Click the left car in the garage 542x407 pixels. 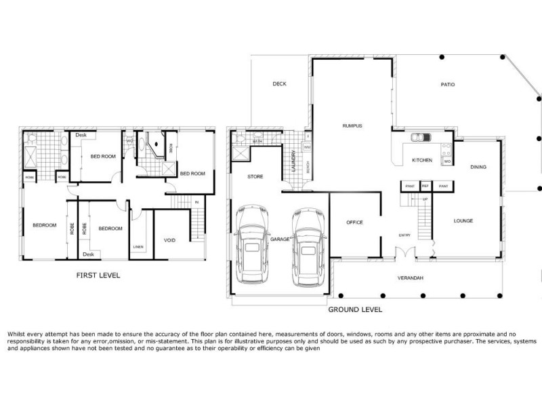252,247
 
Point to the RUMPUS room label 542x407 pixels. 352,126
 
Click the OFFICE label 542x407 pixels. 354,222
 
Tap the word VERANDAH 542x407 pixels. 410,279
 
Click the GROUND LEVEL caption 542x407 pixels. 355,309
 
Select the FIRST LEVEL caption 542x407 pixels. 98,275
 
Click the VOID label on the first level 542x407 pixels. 170,241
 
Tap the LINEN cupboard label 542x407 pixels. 138,247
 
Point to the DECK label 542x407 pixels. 280,84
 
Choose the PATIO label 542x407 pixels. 448,85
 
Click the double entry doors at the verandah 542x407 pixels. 405,254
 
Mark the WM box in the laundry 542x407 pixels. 307,147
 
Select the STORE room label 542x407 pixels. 255,176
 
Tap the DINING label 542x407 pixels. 478,167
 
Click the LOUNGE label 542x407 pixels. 463,220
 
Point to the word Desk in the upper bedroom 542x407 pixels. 81,135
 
